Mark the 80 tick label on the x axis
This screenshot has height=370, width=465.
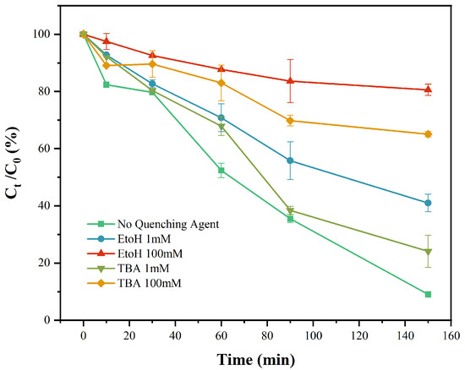coord(267,335)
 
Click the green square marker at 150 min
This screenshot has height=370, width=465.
coord(428,294)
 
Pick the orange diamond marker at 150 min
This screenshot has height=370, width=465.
coord(428,134)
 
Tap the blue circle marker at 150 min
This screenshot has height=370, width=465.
coord(428,203)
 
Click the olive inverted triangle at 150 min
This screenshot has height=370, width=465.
coord(428,251)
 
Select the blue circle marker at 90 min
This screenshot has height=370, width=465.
coord(290,161)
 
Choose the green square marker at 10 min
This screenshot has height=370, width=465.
coord(106,84)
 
